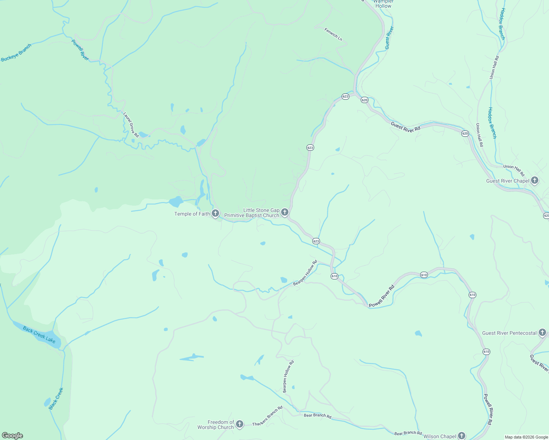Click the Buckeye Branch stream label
16,53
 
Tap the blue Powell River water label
80,50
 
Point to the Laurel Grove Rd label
131,125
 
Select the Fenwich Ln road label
333,34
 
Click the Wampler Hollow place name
383,4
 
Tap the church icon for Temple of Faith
215,213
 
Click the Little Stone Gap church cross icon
284,212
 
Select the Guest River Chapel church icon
535,180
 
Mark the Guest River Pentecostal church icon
542,333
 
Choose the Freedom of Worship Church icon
239,425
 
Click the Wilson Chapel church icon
461,436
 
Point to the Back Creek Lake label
39,335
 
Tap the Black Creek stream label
56,399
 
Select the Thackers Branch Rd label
268,416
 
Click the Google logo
12,436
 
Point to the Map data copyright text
526,437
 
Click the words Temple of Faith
192,214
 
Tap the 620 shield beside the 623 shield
364,100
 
